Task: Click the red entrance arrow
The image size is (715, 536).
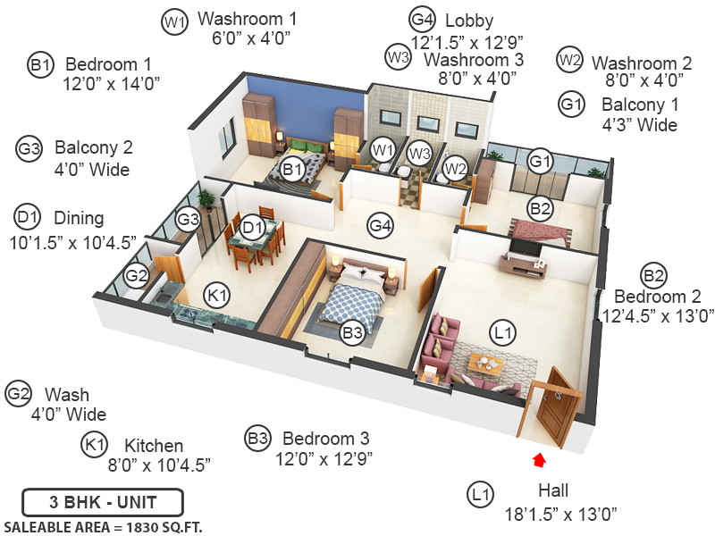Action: (x=539, y=460)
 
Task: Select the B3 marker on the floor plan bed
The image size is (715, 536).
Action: (x=352, y=333)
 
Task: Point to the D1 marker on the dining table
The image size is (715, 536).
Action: (x=253, y=227)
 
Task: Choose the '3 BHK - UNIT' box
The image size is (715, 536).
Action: (x=103, y=501)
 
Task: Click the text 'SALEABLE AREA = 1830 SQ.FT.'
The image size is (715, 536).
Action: (x=103, y=526)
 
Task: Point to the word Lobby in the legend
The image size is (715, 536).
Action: (x=469, y=21)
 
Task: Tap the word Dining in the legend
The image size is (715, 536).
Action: (x=79, y=217)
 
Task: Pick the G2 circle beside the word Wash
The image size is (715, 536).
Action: (x=19, y=394)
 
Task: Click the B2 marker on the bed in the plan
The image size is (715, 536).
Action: (x=540, y=210)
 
